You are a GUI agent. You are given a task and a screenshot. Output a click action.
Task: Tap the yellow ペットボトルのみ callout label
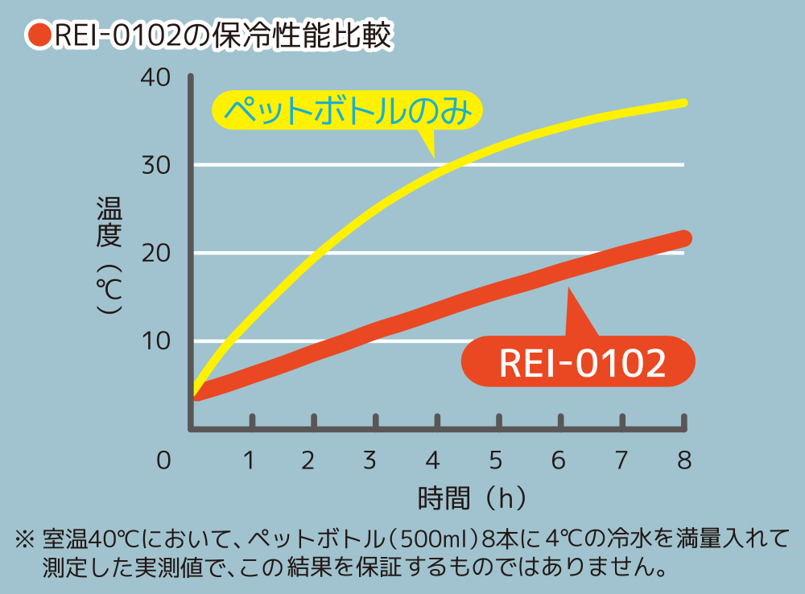coord(346,111)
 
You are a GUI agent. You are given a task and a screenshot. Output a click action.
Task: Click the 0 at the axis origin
coord(164,460)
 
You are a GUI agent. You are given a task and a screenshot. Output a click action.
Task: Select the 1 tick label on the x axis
coord(250,460)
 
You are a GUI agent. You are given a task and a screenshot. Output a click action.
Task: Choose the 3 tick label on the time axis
coord(370,460)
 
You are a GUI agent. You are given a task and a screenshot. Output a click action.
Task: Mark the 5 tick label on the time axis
coord(495,460)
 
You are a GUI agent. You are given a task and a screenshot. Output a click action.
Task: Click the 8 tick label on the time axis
coord(684,460)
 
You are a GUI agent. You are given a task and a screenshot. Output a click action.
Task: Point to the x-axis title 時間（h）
coord(473,498)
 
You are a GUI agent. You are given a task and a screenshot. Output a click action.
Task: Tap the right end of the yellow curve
coord(683,103)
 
